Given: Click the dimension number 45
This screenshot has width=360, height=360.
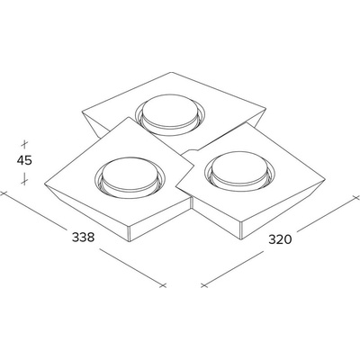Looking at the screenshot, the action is (24, 161).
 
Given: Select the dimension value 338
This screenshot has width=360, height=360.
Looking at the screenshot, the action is (84, 238).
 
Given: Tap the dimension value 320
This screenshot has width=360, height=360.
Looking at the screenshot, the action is (280, 239).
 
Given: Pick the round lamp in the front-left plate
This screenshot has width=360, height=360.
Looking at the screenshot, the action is (130, 177).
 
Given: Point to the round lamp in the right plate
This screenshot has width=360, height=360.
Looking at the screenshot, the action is (239, 170).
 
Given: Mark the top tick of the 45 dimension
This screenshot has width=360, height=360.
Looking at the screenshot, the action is (24, 144).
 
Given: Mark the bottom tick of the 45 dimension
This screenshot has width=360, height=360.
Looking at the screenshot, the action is (24, 181).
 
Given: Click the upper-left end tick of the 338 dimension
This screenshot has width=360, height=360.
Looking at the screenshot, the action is (3, 193).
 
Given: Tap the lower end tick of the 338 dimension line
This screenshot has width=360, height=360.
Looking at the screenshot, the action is (163, 285).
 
